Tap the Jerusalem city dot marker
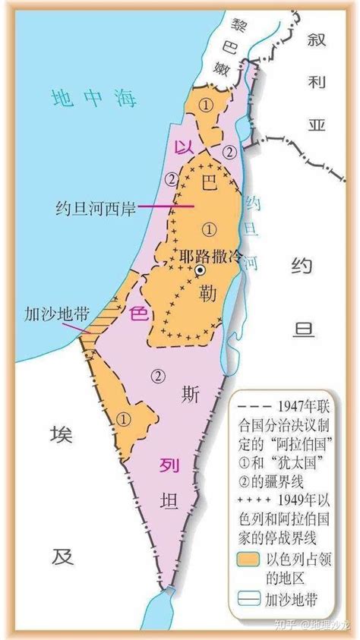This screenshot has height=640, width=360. [200, 270]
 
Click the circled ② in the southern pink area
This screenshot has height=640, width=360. [157, 374]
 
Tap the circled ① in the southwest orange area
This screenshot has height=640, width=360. [125, 417]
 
